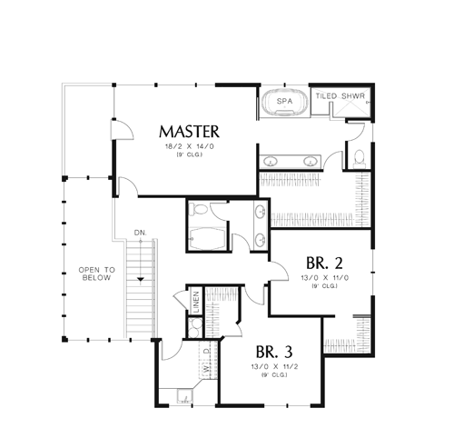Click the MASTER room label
(189, 132)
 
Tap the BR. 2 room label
(324, 263)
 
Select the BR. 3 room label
(274, 352)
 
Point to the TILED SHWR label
(340, 96)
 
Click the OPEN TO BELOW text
(97, 274)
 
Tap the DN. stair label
(141, 233)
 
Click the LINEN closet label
(196, 302)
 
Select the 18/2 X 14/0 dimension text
(190, 146)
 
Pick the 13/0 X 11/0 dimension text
(325, 278)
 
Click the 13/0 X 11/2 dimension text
(274, 366)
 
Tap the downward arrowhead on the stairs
(141, 279)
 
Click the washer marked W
(206, 370)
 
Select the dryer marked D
(206, 351)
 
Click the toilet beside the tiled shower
(360, 158)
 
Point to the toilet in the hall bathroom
(198, 209)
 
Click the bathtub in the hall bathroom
(208, 239)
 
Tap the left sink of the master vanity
(271, 161)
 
